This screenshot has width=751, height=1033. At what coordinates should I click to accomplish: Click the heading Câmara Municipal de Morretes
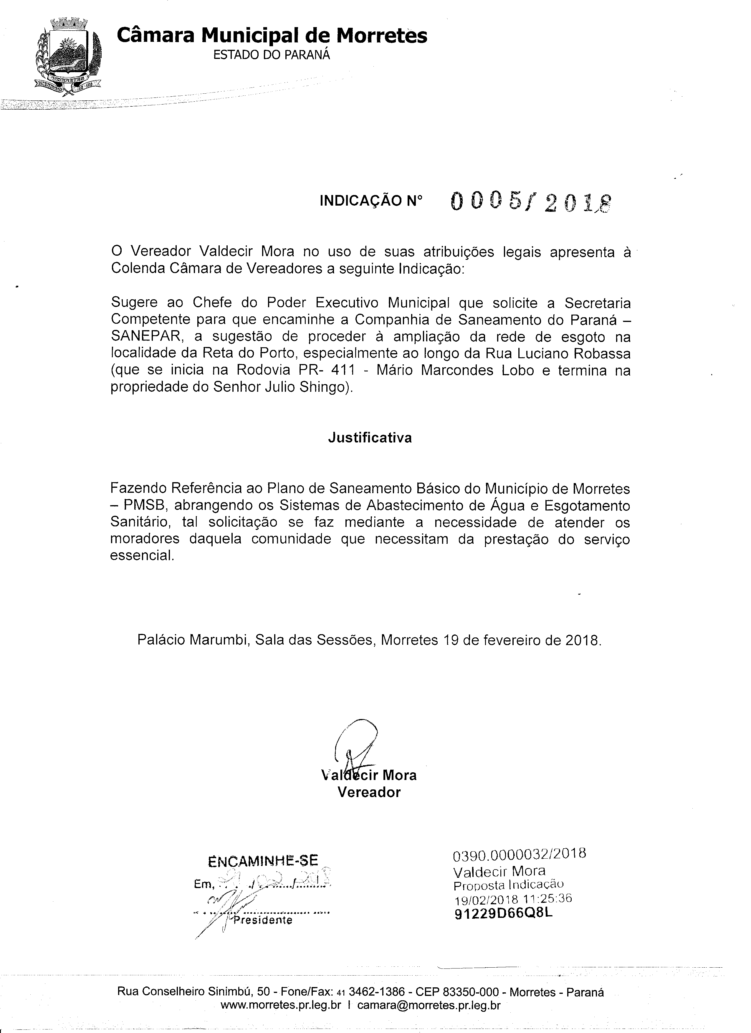click(272, 35)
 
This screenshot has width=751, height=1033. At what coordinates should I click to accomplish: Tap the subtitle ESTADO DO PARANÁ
click(272, 55)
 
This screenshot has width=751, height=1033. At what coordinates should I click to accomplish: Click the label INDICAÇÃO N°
click(371, 201)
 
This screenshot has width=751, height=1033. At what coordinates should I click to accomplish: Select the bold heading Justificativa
click(370, 438)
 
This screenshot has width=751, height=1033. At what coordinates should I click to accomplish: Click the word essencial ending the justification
click(142, 556)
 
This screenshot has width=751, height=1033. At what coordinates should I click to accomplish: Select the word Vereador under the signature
click(369, 792)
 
